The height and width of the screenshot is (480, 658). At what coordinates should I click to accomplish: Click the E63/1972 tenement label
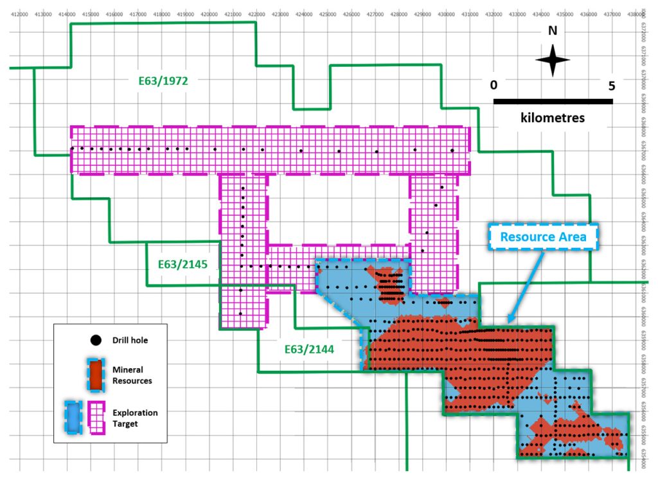pyautogui.click(x=163, y=82)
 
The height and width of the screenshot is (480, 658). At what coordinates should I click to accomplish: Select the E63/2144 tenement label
pyautogui.click(x=308, y=350)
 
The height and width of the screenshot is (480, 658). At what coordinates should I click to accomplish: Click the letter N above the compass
pyautogui.click(x=552, y=30)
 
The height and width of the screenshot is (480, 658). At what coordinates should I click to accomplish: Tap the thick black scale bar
pyautogui.click(x=553, y=101)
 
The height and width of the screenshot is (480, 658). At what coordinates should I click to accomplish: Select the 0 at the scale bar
pyautogui.click(x=493, y=85)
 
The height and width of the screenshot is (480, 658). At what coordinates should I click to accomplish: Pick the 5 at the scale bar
pyautogui.click(x=611, y=85)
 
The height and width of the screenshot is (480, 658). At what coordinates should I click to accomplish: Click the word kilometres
pyautogui.click(x=553, y=118)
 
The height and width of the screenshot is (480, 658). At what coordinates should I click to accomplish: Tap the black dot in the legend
pyautogui.click(x=96, y=340)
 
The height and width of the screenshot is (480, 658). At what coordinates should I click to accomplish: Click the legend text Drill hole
pyautogui.click(x=130, y=340)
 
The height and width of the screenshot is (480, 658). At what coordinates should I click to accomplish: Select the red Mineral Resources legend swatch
pyautogui.click(x=96, y=375)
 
